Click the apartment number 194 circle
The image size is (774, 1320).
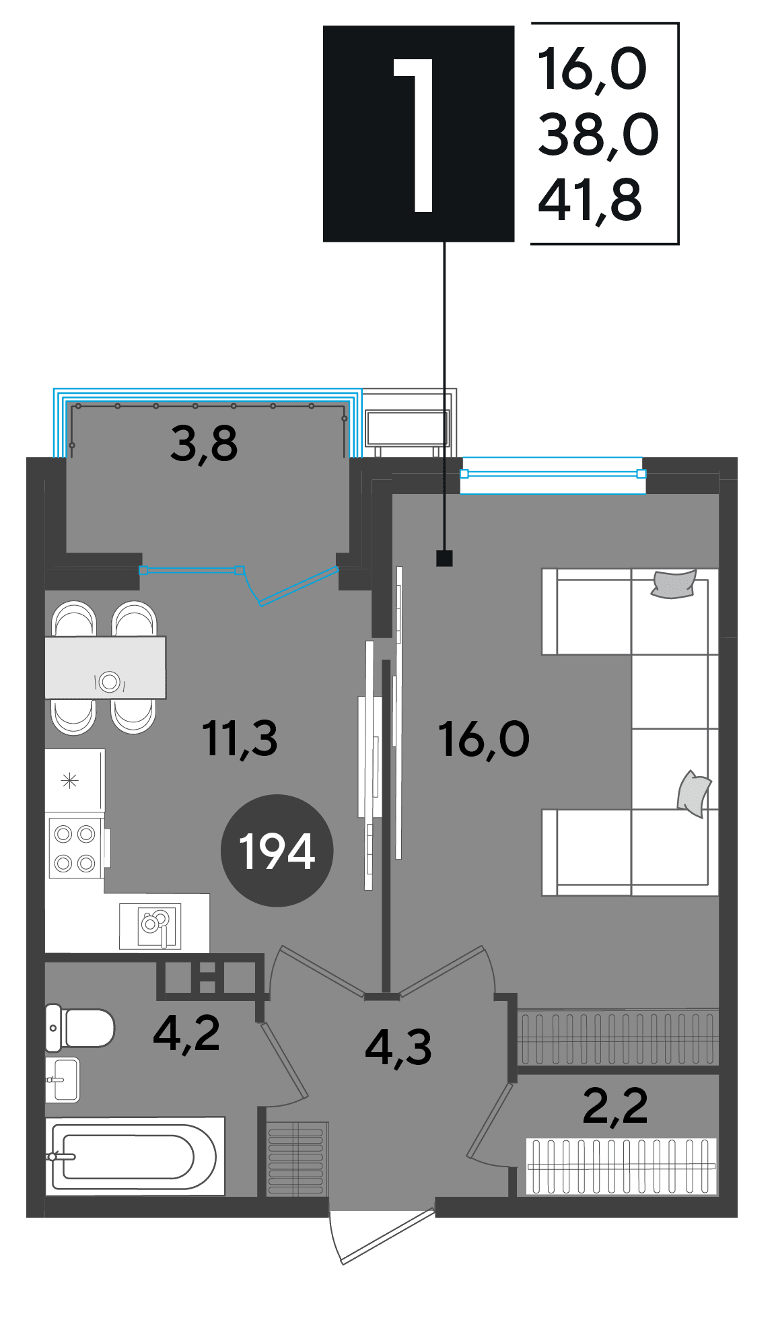click(277, 850)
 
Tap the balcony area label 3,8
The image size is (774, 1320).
click(204, 444)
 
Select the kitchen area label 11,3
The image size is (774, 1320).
click(240, 738)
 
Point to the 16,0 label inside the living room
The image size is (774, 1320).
click(484, 739)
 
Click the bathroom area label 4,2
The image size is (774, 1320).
click(186, 1034)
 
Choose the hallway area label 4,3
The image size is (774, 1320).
click(398, 1048)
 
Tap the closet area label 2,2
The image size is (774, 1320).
click(615, 1106)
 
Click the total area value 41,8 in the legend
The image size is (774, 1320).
click(590, 200)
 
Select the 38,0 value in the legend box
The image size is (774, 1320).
click(598, 135)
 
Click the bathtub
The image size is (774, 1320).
click(135, 1156)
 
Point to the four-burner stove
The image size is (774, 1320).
click(75, 848)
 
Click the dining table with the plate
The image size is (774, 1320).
click(105, 668)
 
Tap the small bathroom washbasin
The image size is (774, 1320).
click(62, 1080)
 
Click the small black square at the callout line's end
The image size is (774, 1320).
click(444, 558)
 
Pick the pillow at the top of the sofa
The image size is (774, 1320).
click(674, 584)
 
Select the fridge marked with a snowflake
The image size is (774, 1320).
click(75, 780)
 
